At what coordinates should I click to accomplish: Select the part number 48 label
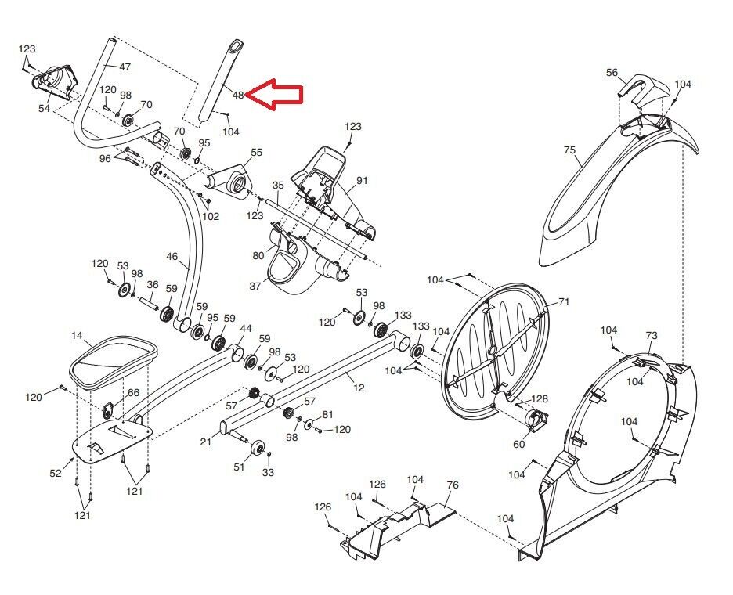(238, 96)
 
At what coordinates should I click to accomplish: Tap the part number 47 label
(125, 67)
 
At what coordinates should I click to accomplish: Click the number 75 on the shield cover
(569, 150)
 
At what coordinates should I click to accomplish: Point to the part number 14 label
(77, 336)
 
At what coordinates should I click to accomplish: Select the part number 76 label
(452, 485)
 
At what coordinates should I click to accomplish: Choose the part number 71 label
(564, 301)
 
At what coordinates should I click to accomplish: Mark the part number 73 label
(652, 336)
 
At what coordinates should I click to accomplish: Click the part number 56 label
(612, 73)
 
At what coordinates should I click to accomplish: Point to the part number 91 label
(361, 181)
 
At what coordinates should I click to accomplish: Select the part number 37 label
(255, 286)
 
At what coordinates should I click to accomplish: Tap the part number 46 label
(172, 256)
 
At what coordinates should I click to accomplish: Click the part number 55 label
(256, 153)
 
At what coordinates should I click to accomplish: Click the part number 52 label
(56, 473)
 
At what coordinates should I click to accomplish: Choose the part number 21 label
(205, 442)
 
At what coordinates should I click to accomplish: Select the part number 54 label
(44, 109)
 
